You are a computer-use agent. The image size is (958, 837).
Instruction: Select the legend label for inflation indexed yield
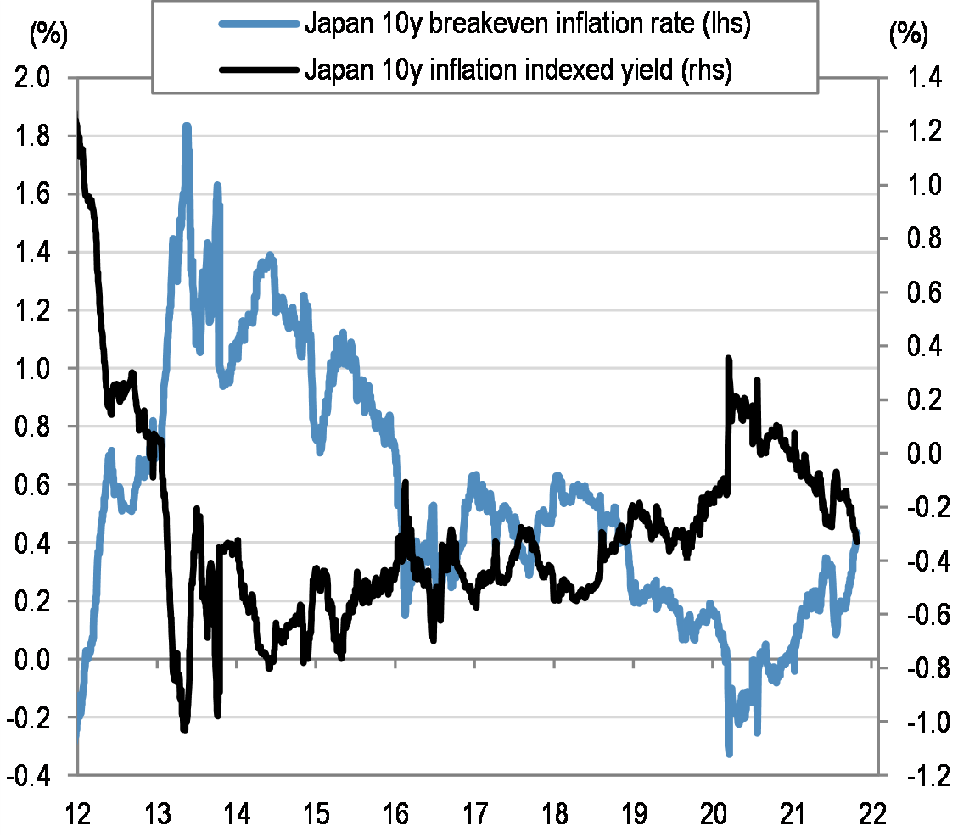pyautogui.click(x=518, y=70)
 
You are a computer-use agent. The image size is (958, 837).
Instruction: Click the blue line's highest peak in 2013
pyautogui.click(x=187, y=127)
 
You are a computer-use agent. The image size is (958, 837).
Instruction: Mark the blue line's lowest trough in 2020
pyautogui.click(x=729, y=752)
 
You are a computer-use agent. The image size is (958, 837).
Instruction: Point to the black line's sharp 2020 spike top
pyautogui.click(x=728, y=360)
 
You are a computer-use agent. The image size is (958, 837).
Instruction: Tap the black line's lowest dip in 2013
pyautogui.click(x=185, y=728)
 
